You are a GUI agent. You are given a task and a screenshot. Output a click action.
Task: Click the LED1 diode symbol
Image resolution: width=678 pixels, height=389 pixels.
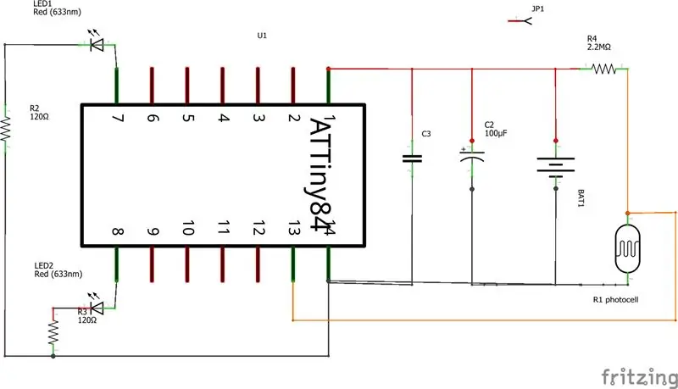click(x=97, y=44)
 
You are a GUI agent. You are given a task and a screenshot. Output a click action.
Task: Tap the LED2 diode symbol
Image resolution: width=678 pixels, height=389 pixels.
click(x=97, y=308)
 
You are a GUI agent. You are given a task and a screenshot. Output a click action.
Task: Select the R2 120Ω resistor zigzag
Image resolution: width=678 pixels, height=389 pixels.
click(x=5, y=129)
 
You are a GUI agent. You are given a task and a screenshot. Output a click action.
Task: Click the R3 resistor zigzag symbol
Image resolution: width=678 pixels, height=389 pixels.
click(x=53, y=332)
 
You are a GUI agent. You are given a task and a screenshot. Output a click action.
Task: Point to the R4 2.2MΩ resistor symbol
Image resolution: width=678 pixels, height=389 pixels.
click(x=603, y=69)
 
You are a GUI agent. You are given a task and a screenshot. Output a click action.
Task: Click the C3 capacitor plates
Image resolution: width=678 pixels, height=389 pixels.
click(x=412, y=158)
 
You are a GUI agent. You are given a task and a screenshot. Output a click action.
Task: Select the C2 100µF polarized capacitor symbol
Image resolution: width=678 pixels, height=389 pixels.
click(x=472, y=157)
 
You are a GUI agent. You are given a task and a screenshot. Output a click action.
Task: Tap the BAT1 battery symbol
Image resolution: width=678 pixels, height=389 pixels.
click(x=556, y=167)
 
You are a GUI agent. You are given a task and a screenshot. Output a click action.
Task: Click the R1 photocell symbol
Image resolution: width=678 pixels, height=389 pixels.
click(x=627, y=249)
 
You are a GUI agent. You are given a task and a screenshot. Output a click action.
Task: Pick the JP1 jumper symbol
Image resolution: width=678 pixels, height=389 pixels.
click(x=520, y=20)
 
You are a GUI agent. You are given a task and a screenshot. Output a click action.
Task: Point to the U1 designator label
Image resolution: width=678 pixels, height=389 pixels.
click(x=262, y=36)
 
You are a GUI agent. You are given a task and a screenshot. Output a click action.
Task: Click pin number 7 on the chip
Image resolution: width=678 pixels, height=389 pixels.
click(x=117, y=118)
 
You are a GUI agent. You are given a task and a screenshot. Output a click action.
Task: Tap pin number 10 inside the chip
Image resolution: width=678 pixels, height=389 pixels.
click(x=188, y=228)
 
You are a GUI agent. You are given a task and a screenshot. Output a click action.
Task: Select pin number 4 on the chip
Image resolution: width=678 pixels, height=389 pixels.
click(x=223, y=118)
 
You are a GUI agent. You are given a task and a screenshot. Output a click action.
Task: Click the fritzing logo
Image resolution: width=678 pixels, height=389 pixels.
click(x=640, y=377)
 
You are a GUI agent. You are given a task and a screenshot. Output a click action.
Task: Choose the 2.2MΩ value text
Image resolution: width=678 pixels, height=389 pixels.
click(x=599, y=47)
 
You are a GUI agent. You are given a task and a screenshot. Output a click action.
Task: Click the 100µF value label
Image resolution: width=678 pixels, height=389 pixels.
click(x=496, y=133)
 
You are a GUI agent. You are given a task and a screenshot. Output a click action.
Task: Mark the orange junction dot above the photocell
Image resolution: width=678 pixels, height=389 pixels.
click(x=628, y=213)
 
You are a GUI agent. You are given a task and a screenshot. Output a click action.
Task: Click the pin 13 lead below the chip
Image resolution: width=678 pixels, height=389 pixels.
click(x=293, y=264)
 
